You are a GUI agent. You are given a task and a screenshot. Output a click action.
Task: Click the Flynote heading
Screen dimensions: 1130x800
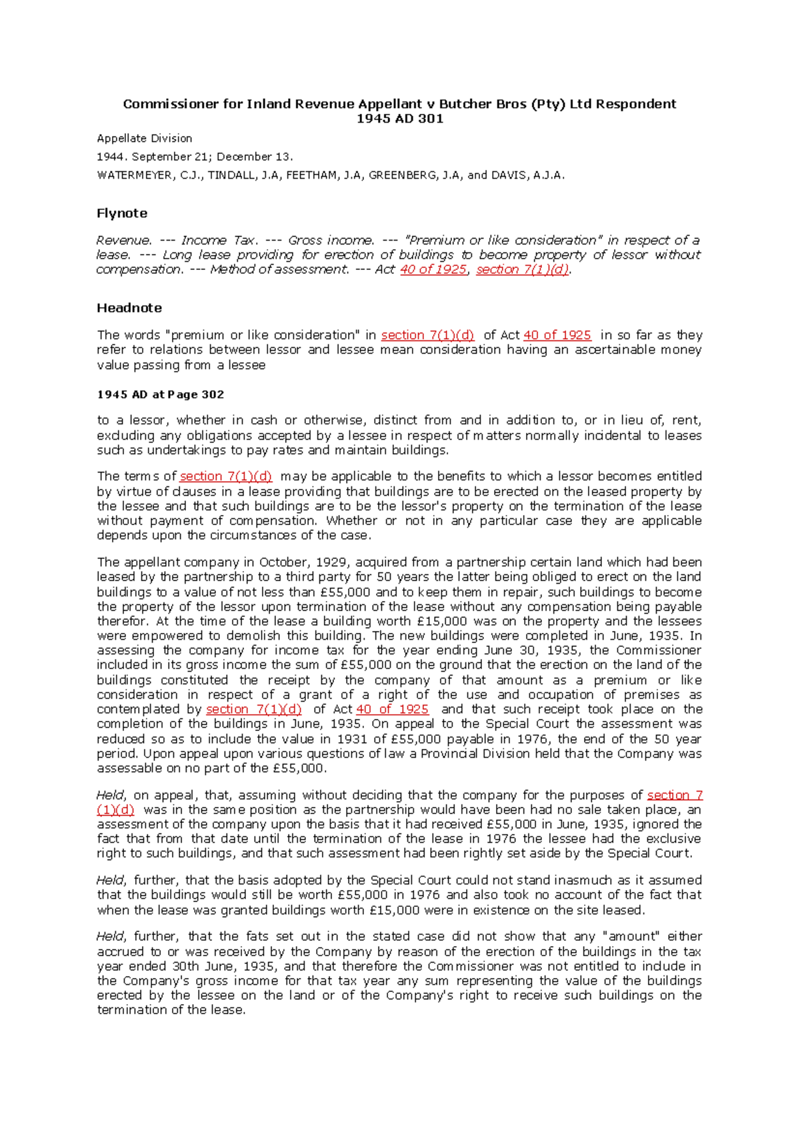[x=122, y=213]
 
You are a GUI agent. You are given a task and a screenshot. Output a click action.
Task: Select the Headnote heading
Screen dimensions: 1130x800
[x=129, y=308]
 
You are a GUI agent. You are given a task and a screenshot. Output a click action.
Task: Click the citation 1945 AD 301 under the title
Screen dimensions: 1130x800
[x=399, y=119]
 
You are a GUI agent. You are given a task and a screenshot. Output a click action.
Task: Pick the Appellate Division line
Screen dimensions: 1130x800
[x=145, y=139]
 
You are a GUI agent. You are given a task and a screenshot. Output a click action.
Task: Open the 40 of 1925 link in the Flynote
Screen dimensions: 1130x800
[x=433, y=270]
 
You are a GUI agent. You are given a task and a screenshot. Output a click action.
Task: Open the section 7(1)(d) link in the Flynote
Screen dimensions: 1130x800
[x=523, y=270]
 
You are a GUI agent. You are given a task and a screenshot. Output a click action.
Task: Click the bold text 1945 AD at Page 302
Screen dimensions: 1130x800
[x=161, y=394]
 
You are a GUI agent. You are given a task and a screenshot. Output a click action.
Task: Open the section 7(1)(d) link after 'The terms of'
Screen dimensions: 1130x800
[x=226, y=476]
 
